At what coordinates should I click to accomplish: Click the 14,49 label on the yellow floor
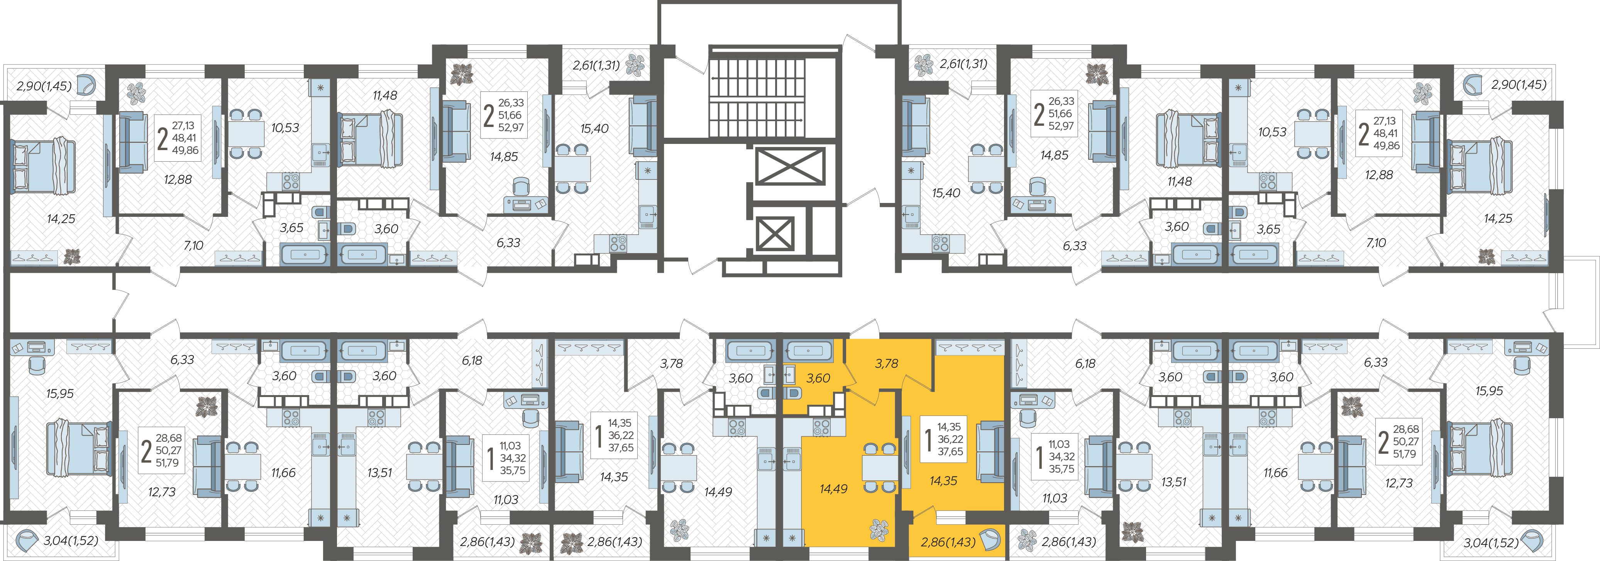pos(833,489)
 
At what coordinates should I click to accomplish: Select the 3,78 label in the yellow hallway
pos(886,364)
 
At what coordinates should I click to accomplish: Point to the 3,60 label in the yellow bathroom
pos(818,378)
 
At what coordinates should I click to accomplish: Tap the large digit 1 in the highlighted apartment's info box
pos(928,439)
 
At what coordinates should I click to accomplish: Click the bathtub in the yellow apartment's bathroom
pos(808,351)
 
